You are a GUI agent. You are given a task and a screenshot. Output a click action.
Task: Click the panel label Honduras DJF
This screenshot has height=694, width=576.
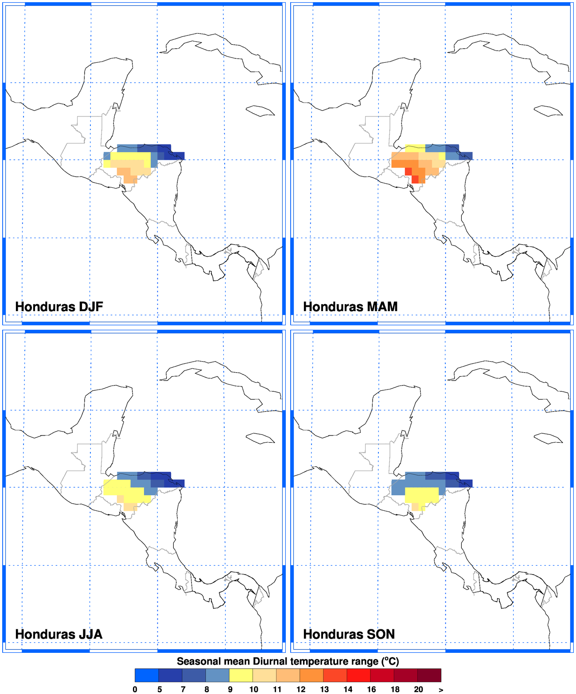59,307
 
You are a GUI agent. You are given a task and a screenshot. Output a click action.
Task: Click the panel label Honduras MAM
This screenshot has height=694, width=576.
350,307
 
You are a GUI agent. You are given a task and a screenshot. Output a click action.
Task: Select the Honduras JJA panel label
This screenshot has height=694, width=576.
58,634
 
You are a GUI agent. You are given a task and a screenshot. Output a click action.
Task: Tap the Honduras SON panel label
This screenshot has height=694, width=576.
349,634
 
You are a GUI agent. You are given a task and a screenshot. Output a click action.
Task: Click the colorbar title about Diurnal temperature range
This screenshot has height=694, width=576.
288,661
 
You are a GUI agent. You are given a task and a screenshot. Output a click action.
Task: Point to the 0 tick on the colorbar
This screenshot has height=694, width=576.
135,689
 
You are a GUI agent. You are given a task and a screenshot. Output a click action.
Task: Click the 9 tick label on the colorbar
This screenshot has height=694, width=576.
230,689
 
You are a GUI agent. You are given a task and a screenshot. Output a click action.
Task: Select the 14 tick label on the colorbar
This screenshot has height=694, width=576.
348,689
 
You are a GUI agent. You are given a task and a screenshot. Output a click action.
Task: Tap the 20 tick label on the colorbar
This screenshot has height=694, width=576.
418,689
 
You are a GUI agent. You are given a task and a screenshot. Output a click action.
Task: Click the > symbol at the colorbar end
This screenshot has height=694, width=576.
441,690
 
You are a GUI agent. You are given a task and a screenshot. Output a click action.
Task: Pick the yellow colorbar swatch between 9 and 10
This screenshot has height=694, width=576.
241,675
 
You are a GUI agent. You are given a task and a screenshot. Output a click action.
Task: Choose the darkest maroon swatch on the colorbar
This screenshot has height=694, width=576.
429,675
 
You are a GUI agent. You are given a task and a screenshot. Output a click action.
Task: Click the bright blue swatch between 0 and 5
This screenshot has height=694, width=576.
147,675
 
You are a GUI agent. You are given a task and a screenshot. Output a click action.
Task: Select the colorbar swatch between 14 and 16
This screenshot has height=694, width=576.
359,675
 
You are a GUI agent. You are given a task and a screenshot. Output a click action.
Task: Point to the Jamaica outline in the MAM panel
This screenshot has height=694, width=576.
548,111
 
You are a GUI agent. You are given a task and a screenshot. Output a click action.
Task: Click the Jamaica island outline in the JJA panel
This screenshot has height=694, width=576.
260,438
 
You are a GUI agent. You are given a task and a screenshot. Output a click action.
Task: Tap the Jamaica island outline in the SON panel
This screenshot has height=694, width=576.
548,438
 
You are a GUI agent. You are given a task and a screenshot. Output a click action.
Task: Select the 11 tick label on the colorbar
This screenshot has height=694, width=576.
277,689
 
